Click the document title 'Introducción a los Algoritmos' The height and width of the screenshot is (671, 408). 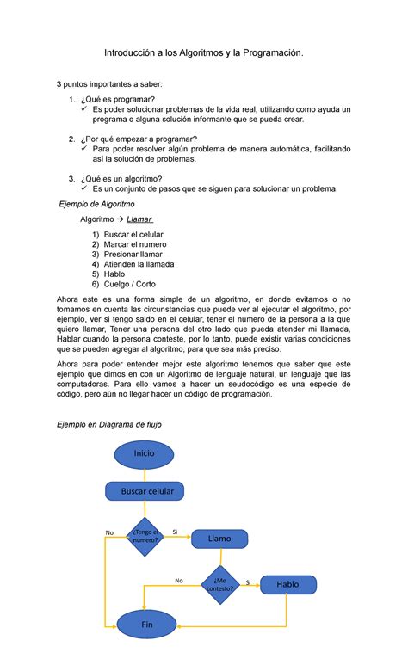[203, 54]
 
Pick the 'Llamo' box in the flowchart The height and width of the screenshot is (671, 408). [219, 539]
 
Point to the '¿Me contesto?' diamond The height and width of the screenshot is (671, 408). [219, 584]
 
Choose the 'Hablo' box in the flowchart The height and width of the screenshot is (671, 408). [287, 584]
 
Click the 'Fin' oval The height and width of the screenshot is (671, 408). [144, 625]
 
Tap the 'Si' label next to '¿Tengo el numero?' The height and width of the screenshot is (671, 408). [175, 532]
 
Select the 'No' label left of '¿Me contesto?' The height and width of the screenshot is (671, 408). [179, 580]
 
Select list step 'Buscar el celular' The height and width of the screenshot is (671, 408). [133, 235]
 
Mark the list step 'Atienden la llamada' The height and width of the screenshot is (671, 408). [139, 265]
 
